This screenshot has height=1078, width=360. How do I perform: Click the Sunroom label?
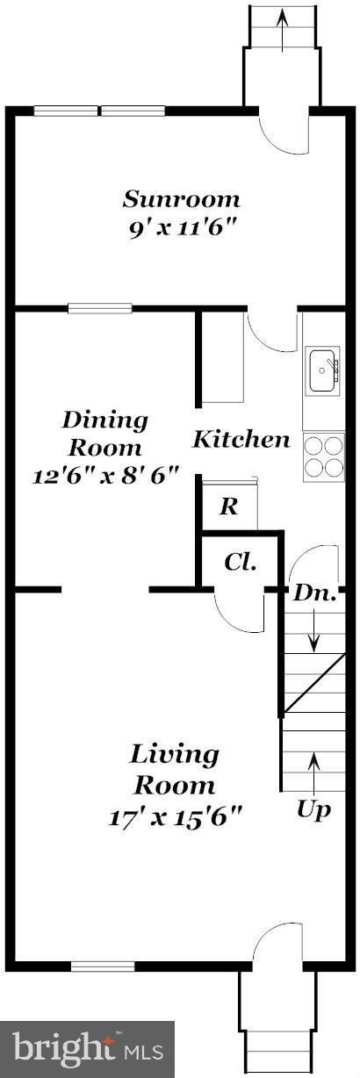[181, 198]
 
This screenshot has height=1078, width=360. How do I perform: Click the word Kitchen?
[241, 439]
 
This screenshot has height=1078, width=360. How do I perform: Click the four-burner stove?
[322, 457]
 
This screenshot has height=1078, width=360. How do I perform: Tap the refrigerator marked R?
[228, 507]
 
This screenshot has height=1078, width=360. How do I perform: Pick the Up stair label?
[313, 808]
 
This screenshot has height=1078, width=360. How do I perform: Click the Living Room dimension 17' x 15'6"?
[176, 816]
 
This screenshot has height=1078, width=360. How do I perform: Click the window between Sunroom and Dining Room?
[100, 308]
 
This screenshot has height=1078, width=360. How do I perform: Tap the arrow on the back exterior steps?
[281, 19]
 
